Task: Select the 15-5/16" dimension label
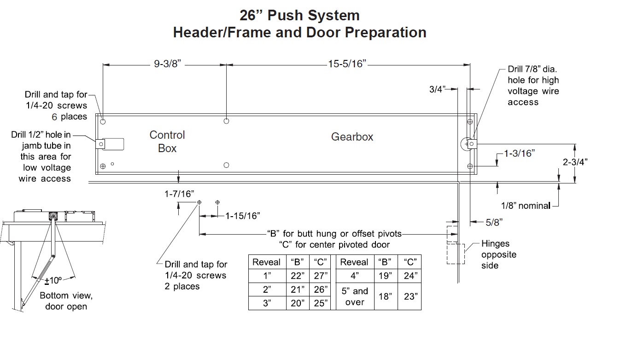pos(347,65)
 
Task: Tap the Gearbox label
pos(352,137)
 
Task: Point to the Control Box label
pos(167,142)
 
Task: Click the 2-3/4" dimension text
pos(574,162)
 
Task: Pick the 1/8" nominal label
pos(526,206)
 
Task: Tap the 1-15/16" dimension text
pos(242,215)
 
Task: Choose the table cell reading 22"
pos(298,276)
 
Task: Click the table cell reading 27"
pos(320,276)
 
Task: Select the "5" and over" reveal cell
pos(354,296)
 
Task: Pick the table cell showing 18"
pos(385,296)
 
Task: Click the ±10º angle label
pos(53,280)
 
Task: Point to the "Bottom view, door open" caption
pos(66,301)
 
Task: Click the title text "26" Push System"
pos(299,15)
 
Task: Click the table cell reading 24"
pos(410,276)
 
